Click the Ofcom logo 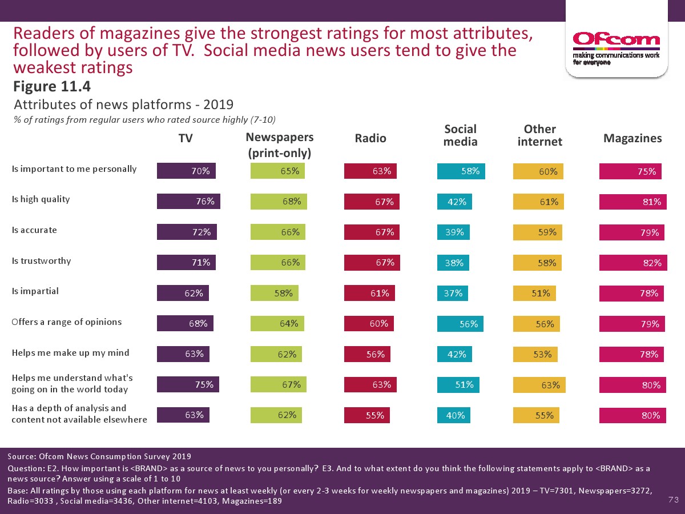click(616, 39)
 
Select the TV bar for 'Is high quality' click(188, 201)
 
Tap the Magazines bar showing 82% click(633, 263)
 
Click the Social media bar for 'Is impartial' click(453, 293)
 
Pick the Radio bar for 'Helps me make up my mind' click(367, 354)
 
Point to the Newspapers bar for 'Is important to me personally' click(277, 171)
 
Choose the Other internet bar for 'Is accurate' click(538, 232)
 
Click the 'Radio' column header click(370, 138)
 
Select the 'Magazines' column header click(632, 138)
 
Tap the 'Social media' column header click(460, 135)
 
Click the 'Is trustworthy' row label click(42, 261)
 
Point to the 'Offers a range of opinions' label click(67, 322)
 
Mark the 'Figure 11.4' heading click(52, 87)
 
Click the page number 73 click(673, 500)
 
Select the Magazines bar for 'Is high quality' click(633, 201)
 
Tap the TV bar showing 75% click(188, 384)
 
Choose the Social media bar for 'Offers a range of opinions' click(461, 324)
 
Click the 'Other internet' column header click(539, 135)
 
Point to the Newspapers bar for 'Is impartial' click(274, 293)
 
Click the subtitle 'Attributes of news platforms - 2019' click(123, 105)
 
